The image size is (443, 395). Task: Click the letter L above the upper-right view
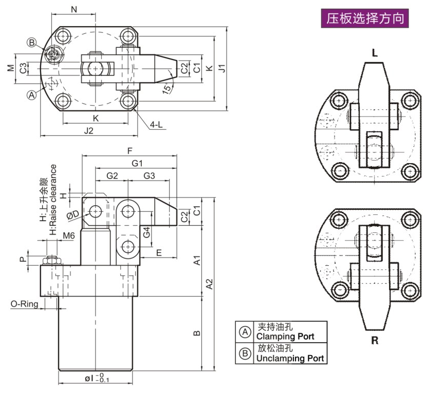click(374, 53)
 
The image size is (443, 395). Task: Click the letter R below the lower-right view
click(375, 341)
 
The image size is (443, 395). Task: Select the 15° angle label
click(167, 89)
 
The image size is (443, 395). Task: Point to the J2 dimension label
click(88, 131)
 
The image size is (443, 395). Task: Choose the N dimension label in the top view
click(73, 9)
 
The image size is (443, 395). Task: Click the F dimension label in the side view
click(130, 151)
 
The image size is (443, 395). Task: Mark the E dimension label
click(159, 252)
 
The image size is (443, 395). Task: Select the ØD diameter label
click(73, 214)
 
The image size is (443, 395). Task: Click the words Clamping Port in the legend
click(285, 337)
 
